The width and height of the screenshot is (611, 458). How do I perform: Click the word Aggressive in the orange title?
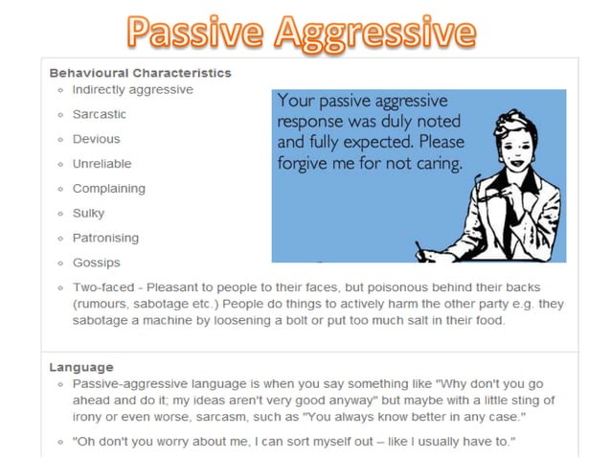point(373,34)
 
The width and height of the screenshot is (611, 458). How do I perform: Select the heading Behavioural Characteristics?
point(140,72)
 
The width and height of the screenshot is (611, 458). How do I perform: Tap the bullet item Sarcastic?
point(100,114)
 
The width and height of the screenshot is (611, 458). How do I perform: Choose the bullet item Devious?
point(97,139)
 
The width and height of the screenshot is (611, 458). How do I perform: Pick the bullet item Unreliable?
point(102,164)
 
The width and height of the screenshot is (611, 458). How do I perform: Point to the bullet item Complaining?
point(109,189)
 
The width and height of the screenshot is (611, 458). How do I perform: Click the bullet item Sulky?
point(89,213)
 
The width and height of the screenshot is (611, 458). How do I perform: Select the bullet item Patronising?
point(105,238)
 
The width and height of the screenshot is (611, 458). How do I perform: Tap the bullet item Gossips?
point(97,263)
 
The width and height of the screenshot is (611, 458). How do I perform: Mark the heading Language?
point(81,367)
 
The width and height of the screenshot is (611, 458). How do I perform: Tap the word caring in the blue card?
point(437,163)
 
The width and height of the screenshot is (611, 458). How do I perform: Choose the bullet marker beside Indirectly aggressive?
point(60,90)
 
